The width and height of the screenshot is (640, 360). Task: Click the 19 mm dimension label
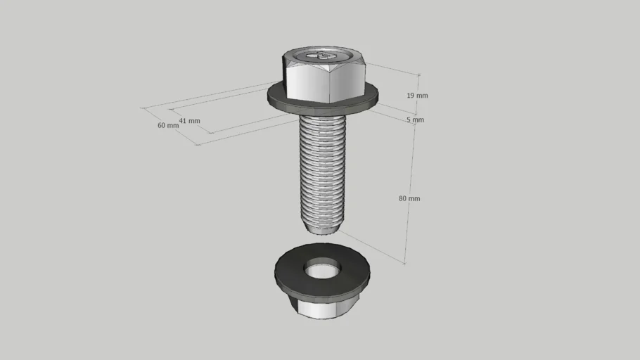tap(417, 96)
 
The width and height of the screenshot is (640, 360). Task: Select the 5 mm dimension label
tap(415, 120)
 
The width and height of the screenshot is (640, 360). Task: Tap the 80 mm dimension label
tap(409, 199)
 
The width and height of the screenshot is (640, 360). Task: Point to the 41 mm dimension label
tap(189, 121)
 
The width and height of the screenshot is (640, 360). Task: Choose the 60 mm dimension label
tap(168, 126)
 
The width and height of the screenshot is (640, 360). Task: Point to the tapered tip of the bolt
tap(321, 226)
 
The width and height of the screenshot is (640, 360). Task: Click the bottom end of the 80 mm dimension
tap(405, 263)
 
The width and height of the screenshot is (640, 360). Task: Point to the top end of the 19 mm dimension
tap(419, 75)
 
